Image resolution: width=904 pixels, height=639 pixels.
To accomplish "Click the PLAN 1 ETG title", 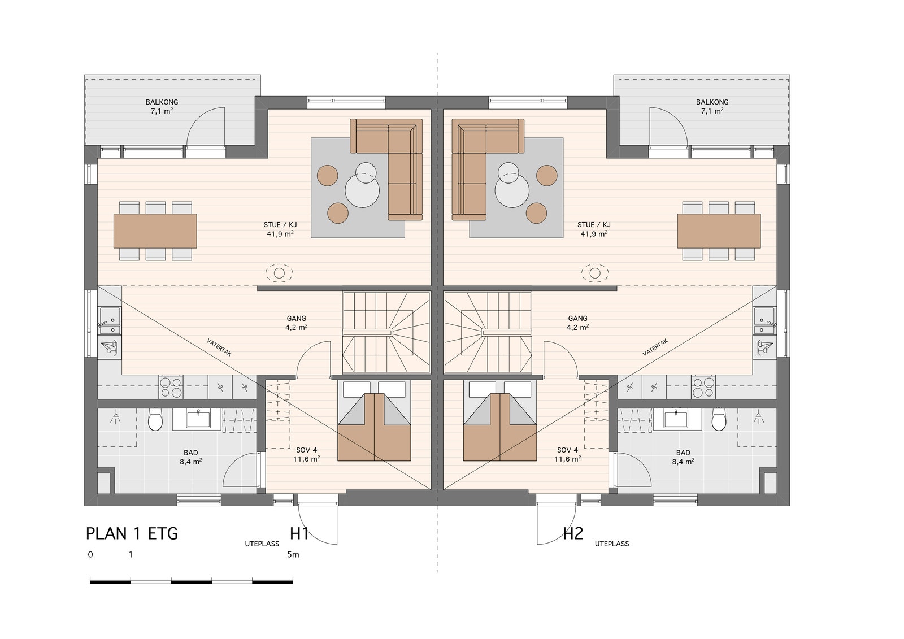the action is (x=132, y=534).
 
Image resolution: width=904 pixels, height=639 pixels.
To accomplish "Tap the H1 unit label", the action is (x=299, y=534).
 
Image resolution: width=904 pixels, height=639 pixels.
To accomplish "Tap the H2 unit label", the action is (x=573, y=534).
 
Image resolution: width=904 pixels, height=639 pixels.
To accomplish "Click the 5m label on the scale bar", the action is (x=293, y=555).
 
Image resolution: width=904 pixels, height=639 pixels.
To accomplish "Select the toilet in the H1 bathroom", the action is (x=155, y=419).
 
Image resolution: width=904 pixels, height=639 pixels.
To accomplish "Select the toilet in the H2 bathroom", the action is (x=719, y=419).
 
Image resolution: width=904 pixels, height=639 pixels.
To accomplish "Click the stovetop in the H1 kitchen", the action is (x=171, y=387).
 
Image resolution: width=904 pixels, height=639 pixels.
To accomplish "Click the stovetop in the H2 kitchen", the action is (x=703, y=387).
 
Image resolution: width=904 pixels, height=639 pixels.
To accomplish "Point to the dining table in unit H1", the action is (x=155, y=231).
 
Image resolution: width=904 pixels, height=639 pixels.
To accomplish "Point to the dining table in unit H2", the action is (x=719, y=231).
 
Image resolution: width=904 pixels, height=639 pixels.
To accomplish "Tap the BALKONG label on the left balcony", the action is (x=162, y=102).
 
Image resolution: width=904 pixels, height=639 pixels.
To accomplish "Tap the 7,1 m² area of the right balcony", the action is (x=712, y=111).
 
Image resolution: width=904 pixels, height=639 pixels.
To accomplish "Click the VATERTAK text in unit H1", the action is (x=219, y=347).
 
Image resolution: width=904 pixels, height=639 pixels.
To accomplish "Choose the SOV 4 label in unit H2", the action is (x=567, y=450).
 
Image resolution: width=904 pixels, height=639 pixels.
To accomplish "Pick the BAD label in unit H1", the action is (x=191, y=453).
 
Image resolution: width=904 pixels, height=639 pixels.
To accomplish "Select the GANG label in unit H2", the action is (x=577, y=319).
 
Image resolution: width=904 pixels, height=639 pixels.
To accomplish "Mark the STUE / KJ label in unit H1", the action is (x=280, y=225).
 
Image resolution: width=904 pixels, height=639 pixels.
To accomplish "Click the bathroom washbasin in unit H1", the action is (x=198, y=419).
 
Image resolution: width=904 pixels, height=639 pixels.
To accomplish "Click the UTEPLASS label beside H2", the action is (x=612, y=544).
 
